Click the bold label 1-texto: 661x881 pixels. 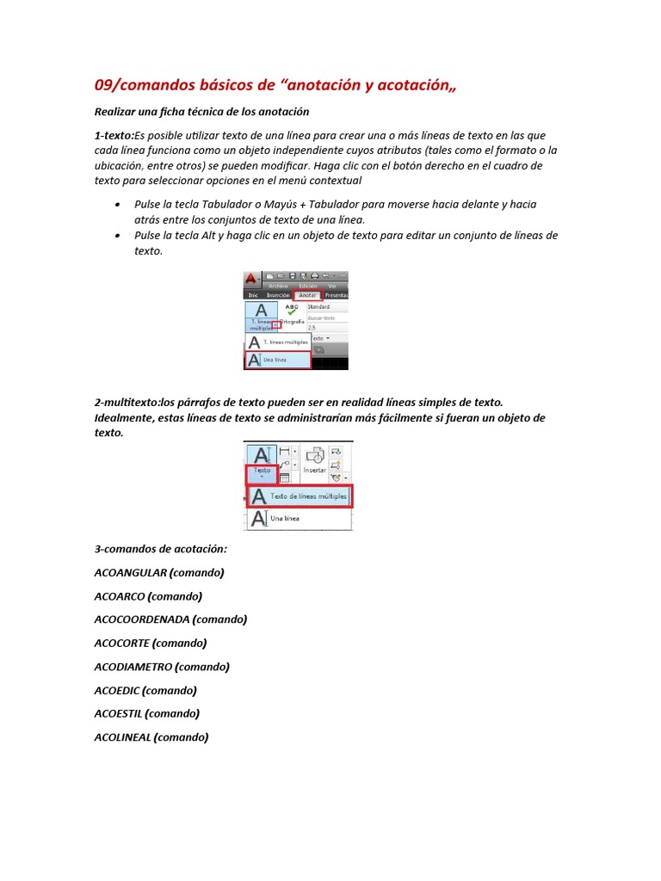(x=115, y=135)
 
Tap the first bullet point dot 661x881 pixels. (x=117, y=205)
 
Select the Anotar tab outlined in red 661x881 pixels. (x=307, y=294)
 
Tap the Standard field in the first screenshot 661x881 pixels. (x=326, y=306)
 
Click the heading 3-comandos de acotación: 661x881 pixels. (x=161, y=549)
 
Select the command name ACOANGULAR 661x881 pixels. (x=130, y=572)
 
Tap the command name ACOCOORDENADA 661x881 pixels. (x=142, y=619)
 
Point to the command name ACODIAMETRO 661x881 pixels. (x=133, y=667)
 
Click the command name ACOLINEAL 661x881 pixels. (x=122, y=737)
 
